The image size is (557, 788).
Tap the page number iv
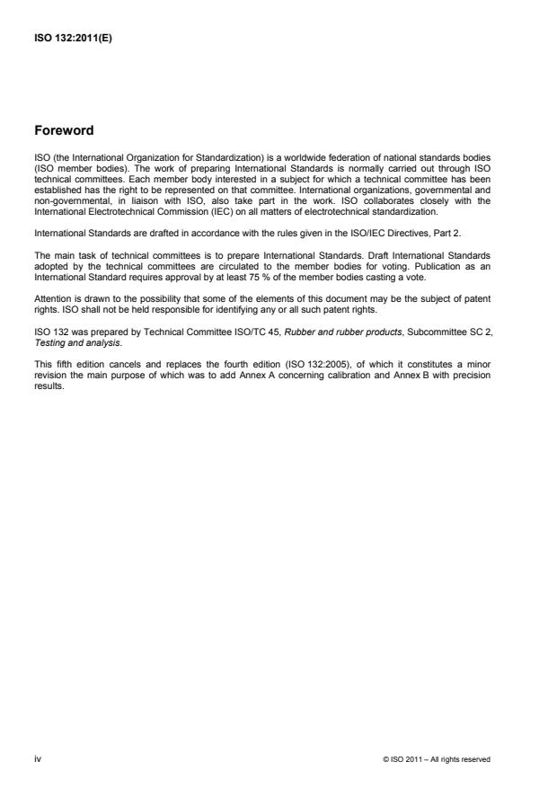point(38,758)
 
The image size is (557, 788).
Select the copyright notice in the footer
point(436,759)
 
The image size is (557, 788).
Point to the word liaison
point(137,187)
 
